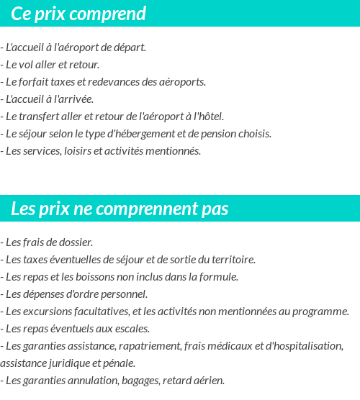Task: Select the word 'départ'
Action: click(x=130, y=47)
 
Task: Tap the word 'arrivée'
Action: click(x=76, y=99)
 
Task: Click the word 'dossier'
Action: click(x=76, y=242)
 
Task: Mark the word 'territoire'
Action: click(x=232, y=260)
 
